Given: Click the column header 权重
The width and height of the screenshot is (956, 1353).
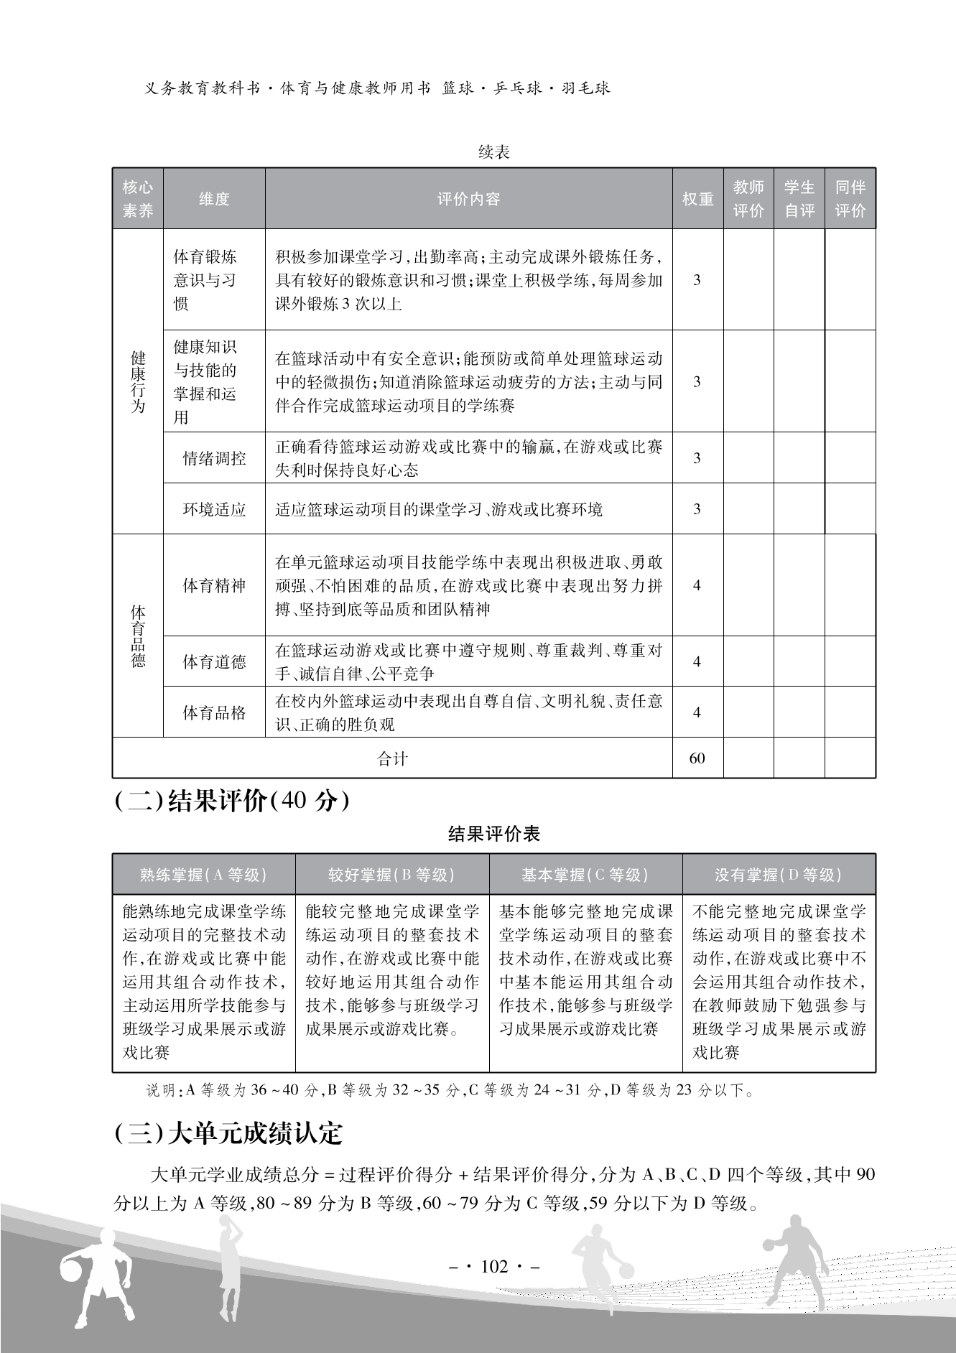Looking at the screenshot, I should tap(697, 199).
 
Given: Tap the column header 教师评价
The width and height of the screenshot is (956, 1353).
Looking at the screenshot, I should tap(748, 199).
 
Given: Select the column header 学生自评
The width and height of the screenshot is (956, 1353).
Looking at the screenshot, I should tap(799, 199).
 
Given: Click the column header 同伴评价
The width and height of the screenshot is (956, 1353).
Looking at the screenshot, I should tap(850, 199).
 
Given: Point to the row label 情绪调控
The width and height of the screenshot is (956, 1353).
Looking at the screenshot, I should tap(214, 458).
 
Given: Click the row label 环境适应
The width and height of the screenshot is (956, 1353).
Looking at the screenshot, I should tap(214, 509).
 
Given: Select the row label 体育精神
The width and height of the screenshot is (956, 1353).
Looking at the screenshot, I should tap(214, 585).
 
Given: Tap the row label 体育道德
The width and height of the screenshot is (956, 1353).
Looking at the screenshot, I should tap(214, 661).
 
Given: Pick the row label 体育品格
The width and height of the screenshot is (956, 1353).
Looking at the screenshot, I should tap(214, 712).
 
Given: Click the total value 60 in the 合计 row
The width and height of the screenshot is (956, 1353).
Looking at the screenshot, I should tap(697, 758).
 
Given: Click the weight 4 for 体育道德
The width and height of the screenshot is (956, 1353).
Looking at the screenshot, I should tap(697, 661).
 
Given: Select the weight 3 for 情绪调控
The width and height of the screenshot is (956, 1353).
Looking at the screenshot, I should tap(697, 458).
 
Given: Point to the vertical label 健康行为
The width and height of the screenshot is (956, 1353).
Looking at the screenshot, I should tap(138, 382).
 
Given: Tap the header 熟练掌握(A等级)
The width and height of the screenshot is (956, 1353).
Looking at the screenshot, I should tap(203, 875).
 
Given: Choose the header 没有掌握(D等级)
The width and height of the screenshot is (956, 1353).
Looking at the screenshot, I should tap(779, 875).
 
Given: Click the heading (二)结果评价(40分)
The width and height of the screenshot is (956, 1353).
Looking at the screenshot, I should tap(232, 801).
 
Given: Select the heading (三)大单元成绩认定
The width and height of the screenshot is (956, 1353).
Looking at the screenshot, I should tap(228, 1133).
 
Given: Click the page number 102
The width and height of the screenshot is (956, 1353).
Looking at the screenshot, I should tap(493, 1266).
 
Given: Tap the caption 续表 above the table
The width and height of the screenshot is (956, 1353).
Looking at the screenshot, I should tap(493, 152).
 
